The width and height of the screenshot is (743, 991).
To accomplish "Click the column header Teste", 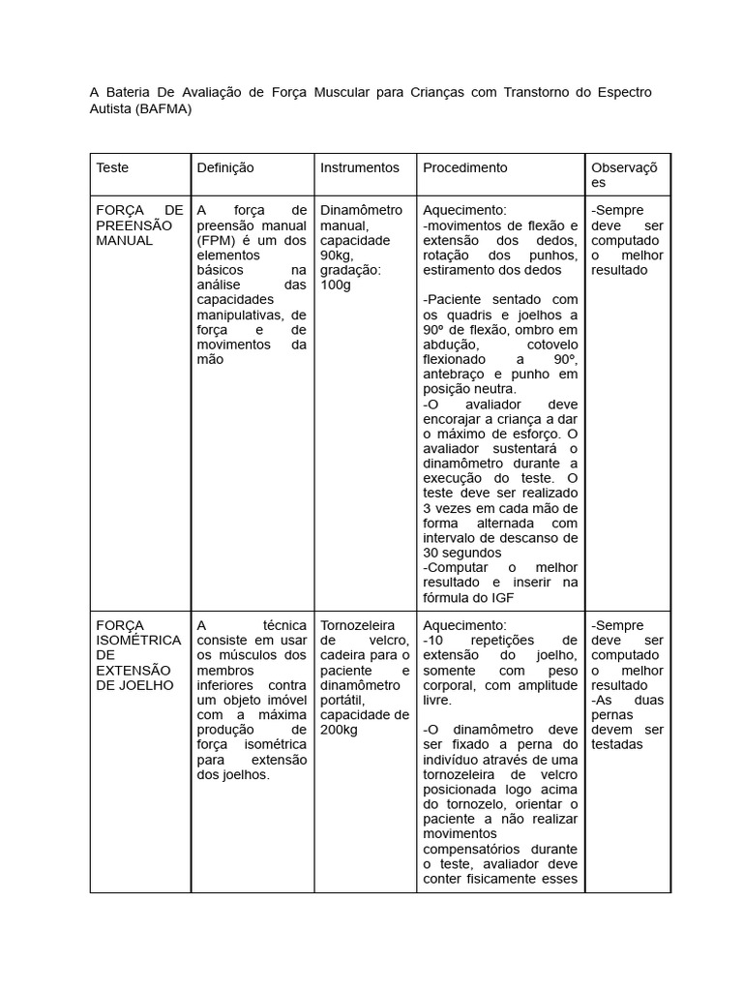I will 112,167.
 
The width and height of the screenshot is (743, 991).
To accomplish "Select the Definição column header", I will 225,167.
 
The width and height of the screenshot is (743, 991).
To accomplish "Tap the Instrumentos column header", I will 359,167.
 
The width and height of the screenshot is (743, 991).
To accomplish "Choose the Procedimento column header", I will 464,167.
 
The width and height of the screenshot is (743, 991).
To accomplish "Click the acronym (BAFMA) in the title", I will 163,109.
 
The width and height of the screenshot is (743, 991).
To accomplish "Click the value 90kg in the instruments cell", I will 338,255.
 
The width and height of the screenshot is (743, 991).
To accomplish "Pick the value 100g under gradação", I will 336,285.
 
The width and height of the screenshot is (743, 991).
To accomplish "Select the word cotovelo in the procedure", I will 552,344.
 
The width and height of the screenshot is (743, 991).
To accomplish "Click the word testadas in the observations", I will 617,744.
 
